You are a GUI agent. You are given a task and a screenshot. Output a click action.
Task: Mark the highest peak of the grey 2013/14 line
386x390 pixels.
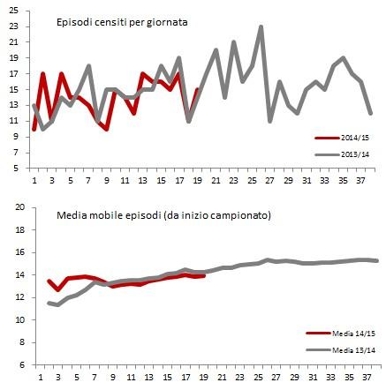(261, 26)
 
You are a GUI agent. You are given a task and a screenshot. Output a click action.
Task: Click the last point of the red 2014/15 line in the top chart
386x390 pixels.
(197, 89)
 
